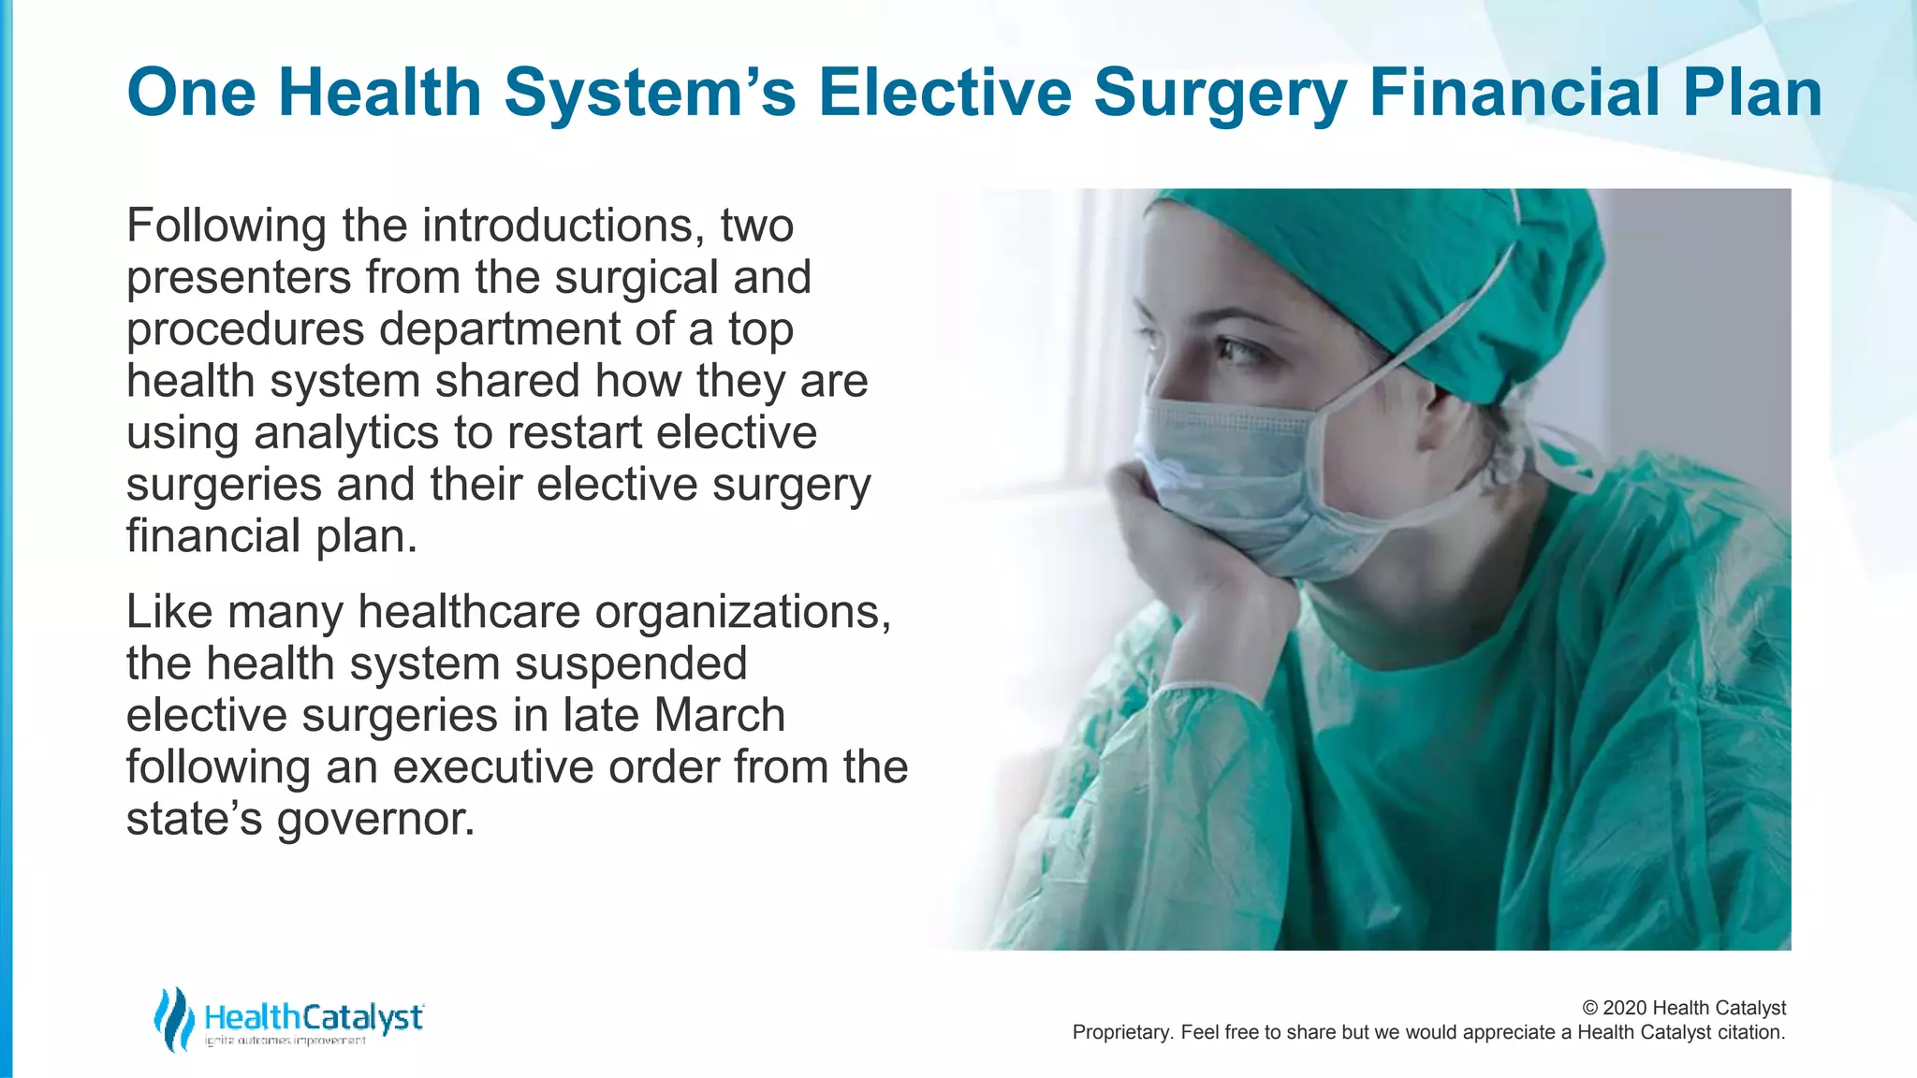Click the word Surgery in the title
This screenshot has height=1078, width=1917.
(x=1220, y=93)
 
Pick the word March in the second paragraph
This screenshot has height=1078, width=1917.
(x=719, y=715)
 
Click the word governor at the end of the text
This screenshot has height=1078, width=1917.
(x=375, y=820)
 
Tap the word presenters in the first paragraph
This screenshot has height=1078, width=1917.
(x=238, y=278)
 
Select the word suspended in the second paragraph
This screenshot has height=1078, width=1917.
(x=631, y=663)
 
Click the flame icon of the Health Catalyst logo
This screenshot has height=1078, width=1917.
(x=174, y=1018)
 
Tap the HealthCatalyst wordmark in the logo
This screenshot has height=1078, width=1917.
(x=314, y=1016)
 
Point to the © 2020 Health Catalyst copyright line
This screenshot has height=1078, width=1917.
(x=1683, y=1008)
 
